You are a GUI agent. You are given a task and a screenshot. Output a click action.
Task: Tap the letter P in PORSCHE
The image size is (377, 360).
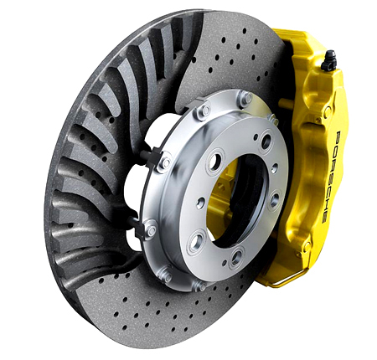coord(337,136)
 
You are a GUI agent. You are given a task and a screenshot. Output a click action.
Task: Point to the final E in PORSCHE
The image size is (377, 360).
coord(325,218)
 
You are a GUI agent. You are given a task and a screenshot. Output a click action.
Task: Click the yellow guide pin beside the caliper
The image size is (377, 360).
coord(286,102)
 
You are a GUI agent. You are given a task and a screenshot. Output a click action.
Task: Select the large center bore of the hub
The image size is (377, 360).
coord(237,202)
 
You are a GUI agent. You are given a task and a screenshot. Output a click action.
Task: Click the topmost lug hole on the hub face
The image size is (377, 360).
coord(266,141)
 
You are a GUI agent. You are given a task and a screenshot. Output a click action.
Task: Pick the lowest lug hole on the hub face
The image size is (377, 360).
coord(237,255)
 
